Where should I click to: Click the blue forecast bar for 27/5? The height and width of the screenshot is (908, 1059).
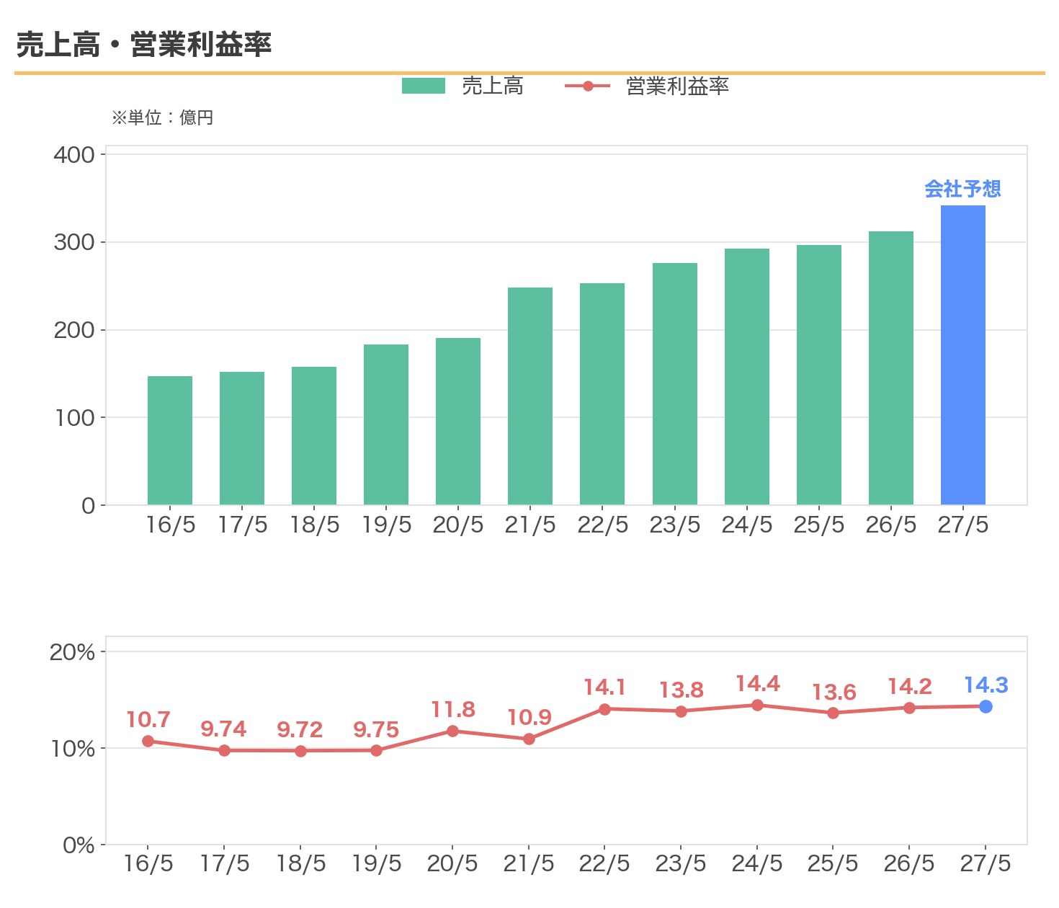click(962, 355)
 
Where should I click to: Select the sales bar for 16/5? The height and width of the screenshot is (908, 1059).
click(170, 440)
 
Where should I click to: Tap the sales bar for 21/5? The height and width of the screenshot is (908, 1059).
click(530, 396)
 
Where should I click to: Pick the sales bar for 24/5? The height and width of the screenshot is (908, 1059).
click(747, 377)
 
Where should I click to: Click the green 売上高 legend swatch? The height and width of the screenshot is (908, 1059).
click(423, 86)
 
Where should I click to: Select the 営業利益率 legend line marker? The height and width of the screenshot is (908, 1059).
click(588, 86)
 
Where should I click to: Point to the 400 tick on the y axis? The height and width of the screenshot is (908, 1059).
click(74, 155)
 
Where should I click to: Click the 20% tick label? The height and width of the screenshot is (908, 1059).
click(72, 652)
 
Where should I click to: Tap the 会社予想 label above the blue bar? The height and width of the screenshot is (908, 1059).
click(962, 189)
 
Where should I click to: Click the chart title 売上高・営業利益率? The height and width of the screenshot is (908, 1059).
click(144, 44)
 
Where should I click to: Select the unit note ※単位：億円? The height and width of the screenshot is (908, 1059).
click(162, 117)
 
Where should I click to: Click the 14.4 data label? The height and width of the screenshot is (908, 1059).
click(758, 684)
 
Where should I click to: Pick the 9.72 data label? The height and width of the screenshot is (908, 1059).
click(300, 730)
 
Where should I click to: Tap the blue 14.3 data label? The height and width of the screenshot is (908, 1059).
click(986, 685)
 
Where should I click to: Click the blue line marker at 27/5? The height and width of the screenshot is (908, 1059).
click(986, 707)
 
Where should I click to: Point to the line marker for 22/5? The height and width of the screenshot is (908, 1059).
click(604, 709)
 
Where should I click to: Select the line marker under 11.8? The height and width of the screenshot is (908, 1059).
click(452, 731)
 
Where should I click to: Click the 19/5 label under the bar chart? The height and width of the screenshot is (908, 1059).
click(387, 525)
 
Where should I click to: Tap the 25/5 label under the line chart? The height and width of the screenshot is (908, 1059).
click(833, 863)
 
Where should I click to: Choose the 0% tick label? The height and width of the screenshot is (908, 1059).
click(79, 845)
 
